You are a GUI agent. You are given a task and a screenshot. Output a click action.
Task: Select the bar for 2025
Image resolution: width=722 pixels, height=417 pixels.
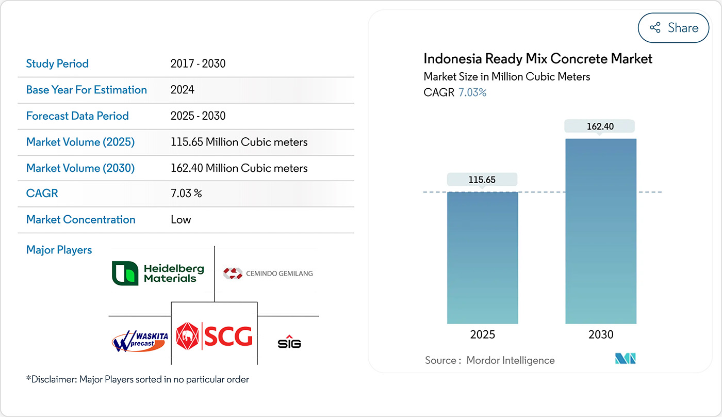482,258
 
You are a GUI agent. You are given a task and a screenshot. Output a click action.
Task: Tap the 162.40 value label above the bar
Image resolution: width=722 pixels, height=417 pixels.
600,126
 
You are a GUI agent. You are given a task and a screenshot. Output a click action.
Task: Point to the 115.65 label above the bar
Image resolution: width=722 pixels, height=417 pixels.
482,180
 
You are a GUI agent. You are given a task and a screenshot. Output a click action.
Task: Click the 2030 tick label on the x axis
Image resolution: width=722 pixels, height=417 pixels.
601,334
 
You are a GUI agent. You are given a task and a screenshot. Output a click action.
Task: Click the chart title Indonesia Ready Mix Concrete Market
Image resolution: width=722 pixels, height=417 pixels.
538,58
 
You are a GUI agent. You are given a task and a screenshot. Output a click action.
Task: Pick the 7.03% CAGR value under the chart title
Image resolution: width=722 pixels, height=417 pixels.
472,93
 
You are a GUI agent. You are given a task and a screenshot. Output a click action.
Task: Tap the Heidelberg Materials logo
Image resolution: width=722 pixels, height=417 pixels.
158,274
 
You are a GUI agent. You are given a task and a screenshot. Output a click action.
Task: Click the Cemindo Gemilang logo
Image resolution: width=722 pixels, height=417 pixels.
268,273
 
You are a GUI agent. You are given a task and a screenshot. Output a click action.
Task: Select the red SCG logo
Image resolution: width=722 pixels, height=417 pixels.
214,336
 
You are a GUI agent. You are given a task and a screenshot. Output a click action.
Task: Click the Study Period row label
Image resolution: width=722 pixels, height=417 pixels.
57,64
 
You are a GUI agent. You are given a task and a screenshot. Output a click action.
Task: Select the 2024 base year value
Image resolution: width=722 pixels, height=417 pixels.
183,90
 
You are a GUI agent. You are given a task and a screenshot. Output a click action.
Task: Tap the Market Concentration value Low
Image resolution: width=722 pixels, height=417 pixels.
180,219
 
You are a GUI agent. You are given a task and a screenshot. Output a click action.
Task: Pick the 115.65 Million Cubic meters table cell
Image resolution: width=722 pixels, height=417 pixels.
239,142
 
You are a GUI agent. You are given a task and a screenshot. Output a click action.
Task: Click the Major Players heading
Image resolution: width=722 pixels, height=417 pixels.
59,250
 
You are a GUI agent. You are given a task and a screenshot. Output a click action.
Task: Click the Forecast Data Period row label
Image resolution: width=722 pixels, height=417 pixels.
77,116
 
